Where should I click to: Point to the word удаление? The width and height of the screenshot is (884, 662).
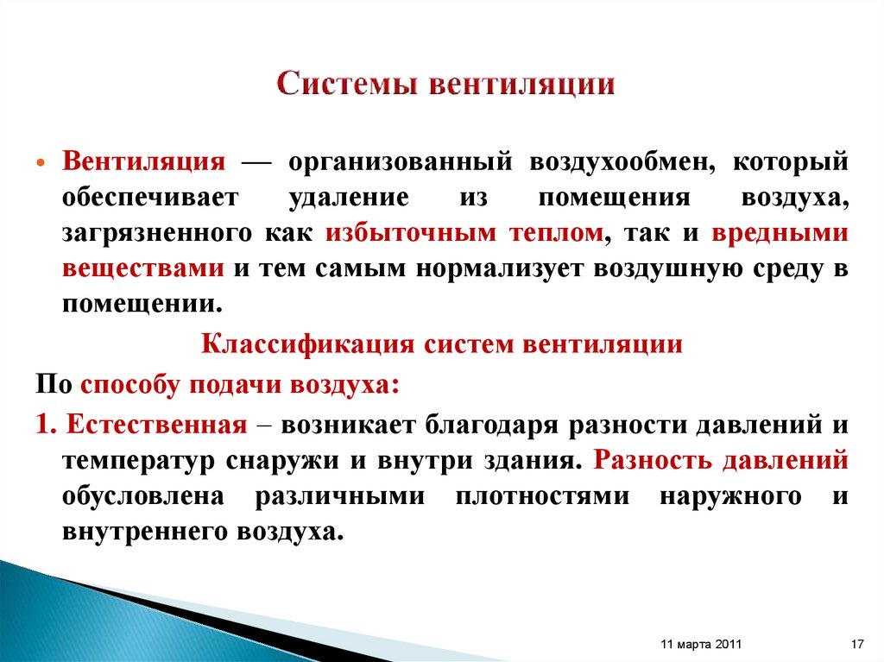click(349, 198)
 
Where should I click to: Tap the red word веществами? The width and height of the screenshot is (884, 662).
click(143, 268)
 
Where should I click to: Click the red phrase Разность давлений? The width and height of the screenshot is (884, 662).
click(721, 460)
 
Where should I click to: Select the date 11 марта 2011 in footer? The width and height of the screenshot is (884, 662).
click(698, 645)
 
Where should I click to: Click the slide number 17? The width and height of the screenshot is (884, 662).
click(857, 645)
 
